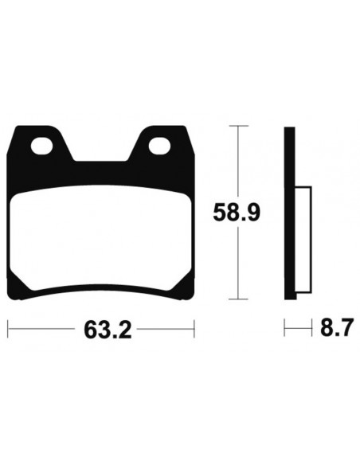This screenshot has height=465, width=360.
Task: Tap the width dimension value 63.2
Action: [x=101, y=328]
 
